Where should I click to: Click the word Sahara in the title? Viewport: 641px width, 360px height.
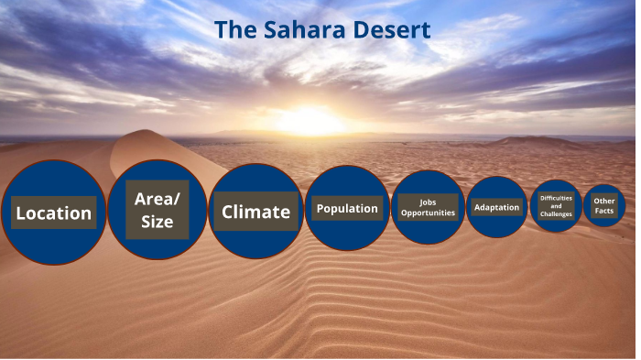(x=301, y=30)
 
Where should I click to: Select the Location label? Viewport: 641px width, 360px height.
(x=54, y=213)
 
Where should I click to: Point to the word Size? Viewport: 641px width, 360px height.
(x=158, y=222)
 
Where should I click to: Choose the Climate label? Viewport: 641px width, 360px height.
(x=255, y=213)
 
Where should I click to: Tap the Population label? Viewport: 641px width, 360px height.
(x=347, y=209)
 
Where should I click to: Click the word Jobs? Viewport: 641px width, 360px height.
(x=428, y=202)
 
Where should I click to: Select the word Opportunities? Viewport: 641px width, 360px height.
(x=428, y=213)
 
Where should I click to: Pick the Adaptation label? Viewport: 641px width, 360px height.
(x=497, y=207)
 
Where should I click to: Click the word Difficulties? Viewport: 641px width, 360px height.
(x=556, y=198)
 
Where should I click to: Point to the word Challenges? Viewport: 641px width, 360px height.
(x=556, y=215)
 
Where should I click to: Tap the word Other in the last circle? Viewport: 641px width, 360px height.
(x=603, y=201)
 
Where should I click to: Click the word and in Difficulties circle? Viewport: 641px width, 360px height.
(x=556, y=206)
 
